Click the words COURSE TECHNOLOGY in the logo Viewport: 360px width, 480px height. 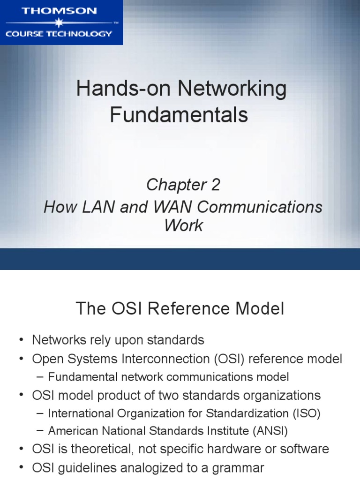coord(59,33)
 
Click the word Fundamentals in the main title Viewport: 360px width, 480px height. coord(179,114)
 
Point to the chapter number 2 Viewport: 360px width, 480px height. coord(215,185)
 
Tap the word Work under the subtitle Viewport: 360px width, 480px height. coord(183,225)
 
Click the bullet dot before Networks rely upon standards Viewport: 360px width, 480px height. coord(22,340)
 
